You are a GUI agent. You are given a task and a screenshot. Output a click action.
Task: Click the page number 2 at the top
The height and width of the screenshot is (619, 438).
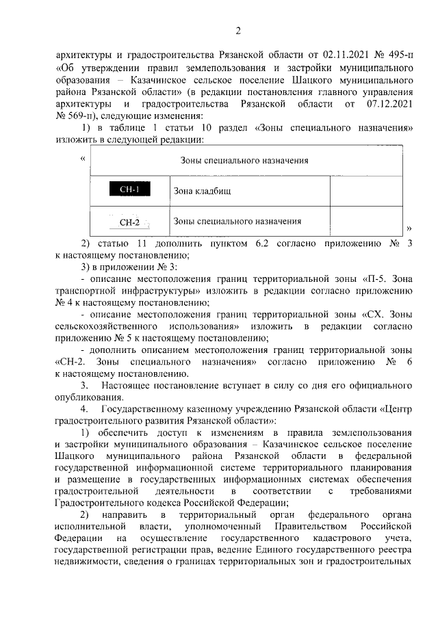(238, 29)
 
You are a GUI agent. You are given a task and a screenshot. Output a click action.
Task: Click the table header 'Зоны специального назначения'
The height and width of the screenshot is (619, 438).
(244, 161)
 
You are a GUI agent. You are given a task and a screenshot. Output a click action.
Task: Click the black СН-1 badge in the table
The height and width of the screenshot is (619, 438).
(129, 190)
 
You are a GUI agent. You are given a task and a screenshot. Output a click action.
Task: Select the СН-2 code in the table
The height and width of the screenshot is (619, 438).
(129, 222)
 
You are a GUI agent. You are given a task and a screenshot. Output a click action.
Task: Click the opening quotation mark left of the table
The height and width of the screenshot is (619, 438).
(83, 159)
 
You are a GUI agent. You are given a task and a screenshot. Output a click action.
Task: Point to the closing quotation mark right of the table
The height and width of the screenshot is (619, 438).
(409, 228)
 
